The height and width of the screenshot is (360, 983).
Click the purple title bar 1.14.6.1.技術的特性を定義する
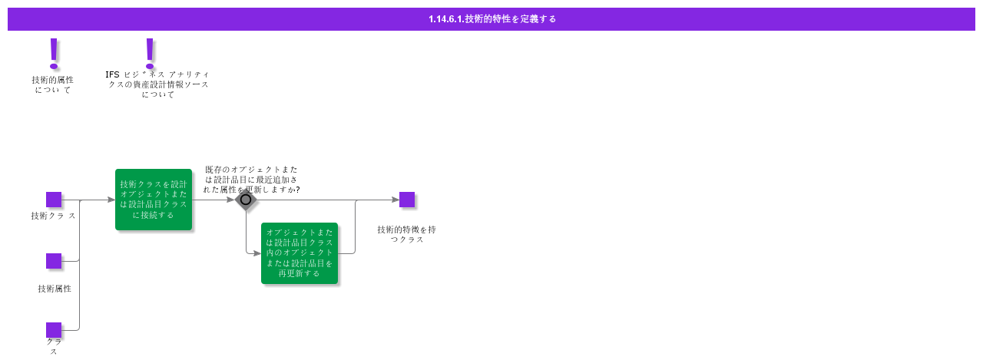coord(491,19)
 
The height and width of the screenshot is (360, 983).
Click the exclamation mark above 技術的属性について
coord(54,54)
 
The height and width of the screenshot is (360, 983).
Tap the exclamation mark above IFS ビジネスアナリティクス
coord(150,53)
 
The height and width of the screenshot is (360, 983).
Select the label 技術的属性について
coord(53,84)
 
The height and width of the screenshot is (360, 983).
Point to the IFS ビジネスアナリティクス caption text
coord(157,84)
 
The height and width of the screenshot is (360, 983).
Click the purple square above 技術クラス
coord(54,200)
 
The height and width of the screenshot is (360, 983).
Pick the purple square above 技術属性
coord(54,261)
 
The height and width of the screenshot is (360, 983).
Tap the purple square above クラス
coord(54,330)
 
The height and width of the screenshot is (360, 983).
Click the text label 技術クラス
coord(53,216)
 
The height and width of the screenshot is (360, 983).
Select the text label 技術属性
coord(55,289)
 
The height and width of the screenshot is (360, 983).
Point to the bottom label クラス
coord(54,346)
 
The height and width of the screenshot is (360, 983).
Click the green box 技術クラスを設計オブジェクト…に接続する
coord(154,200)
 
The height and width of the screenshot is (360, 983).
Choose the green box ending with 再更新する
coord(300,253)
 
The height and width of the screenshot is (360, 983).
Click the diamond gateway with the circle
coord(246,200)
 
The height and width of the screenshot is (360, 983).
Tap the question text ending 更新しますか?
coord(252,179)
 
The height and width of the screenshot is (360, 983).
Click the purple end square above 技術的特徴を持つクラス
coord(407,200)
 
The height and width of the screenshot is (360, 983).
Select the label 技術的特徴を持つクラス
coord(407,234)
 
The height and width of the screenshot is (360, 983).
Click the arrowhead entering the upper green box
coord(111,200)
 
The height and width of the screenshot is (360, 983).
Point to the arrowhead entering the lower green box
coord(257,253)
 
